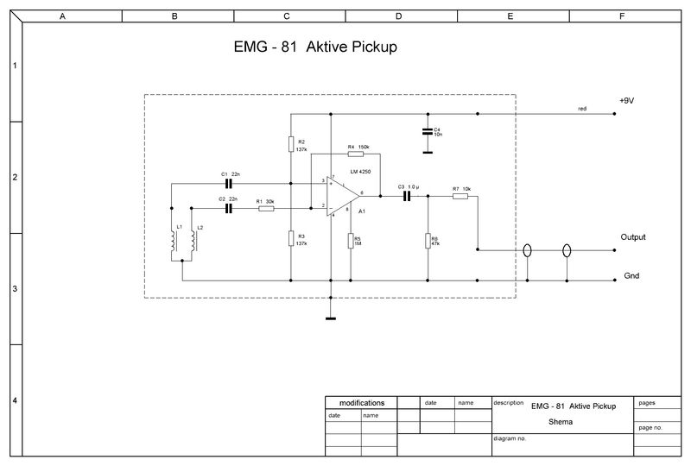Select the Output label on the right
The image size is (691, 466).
coord(633,236)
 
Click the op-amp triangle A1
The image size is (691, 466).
coord(345,195)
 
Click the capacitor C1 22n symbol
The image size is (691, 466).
coord(230,183)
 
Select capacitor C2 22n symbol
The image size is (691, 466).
coord(230,207)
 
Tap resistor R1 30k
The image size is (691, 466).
coord(266,207)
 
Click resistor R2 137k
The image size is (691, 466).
coord(291,143)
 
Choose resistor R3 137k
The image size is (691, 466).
coord(291,239)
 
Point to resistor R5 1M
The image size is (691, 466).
coord(351,240)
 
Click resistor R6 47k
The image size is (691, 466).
coord(428,240)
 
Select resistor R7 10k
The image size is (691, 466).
coord(460,196)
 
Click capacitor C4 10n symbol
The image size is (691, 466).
coord(427,131)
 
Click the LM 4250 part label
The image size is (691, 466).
coord(360,172)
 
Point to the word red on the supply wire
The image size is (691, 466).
coord(582,109)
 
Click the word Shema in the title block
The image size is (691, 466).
coord(561,422)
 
